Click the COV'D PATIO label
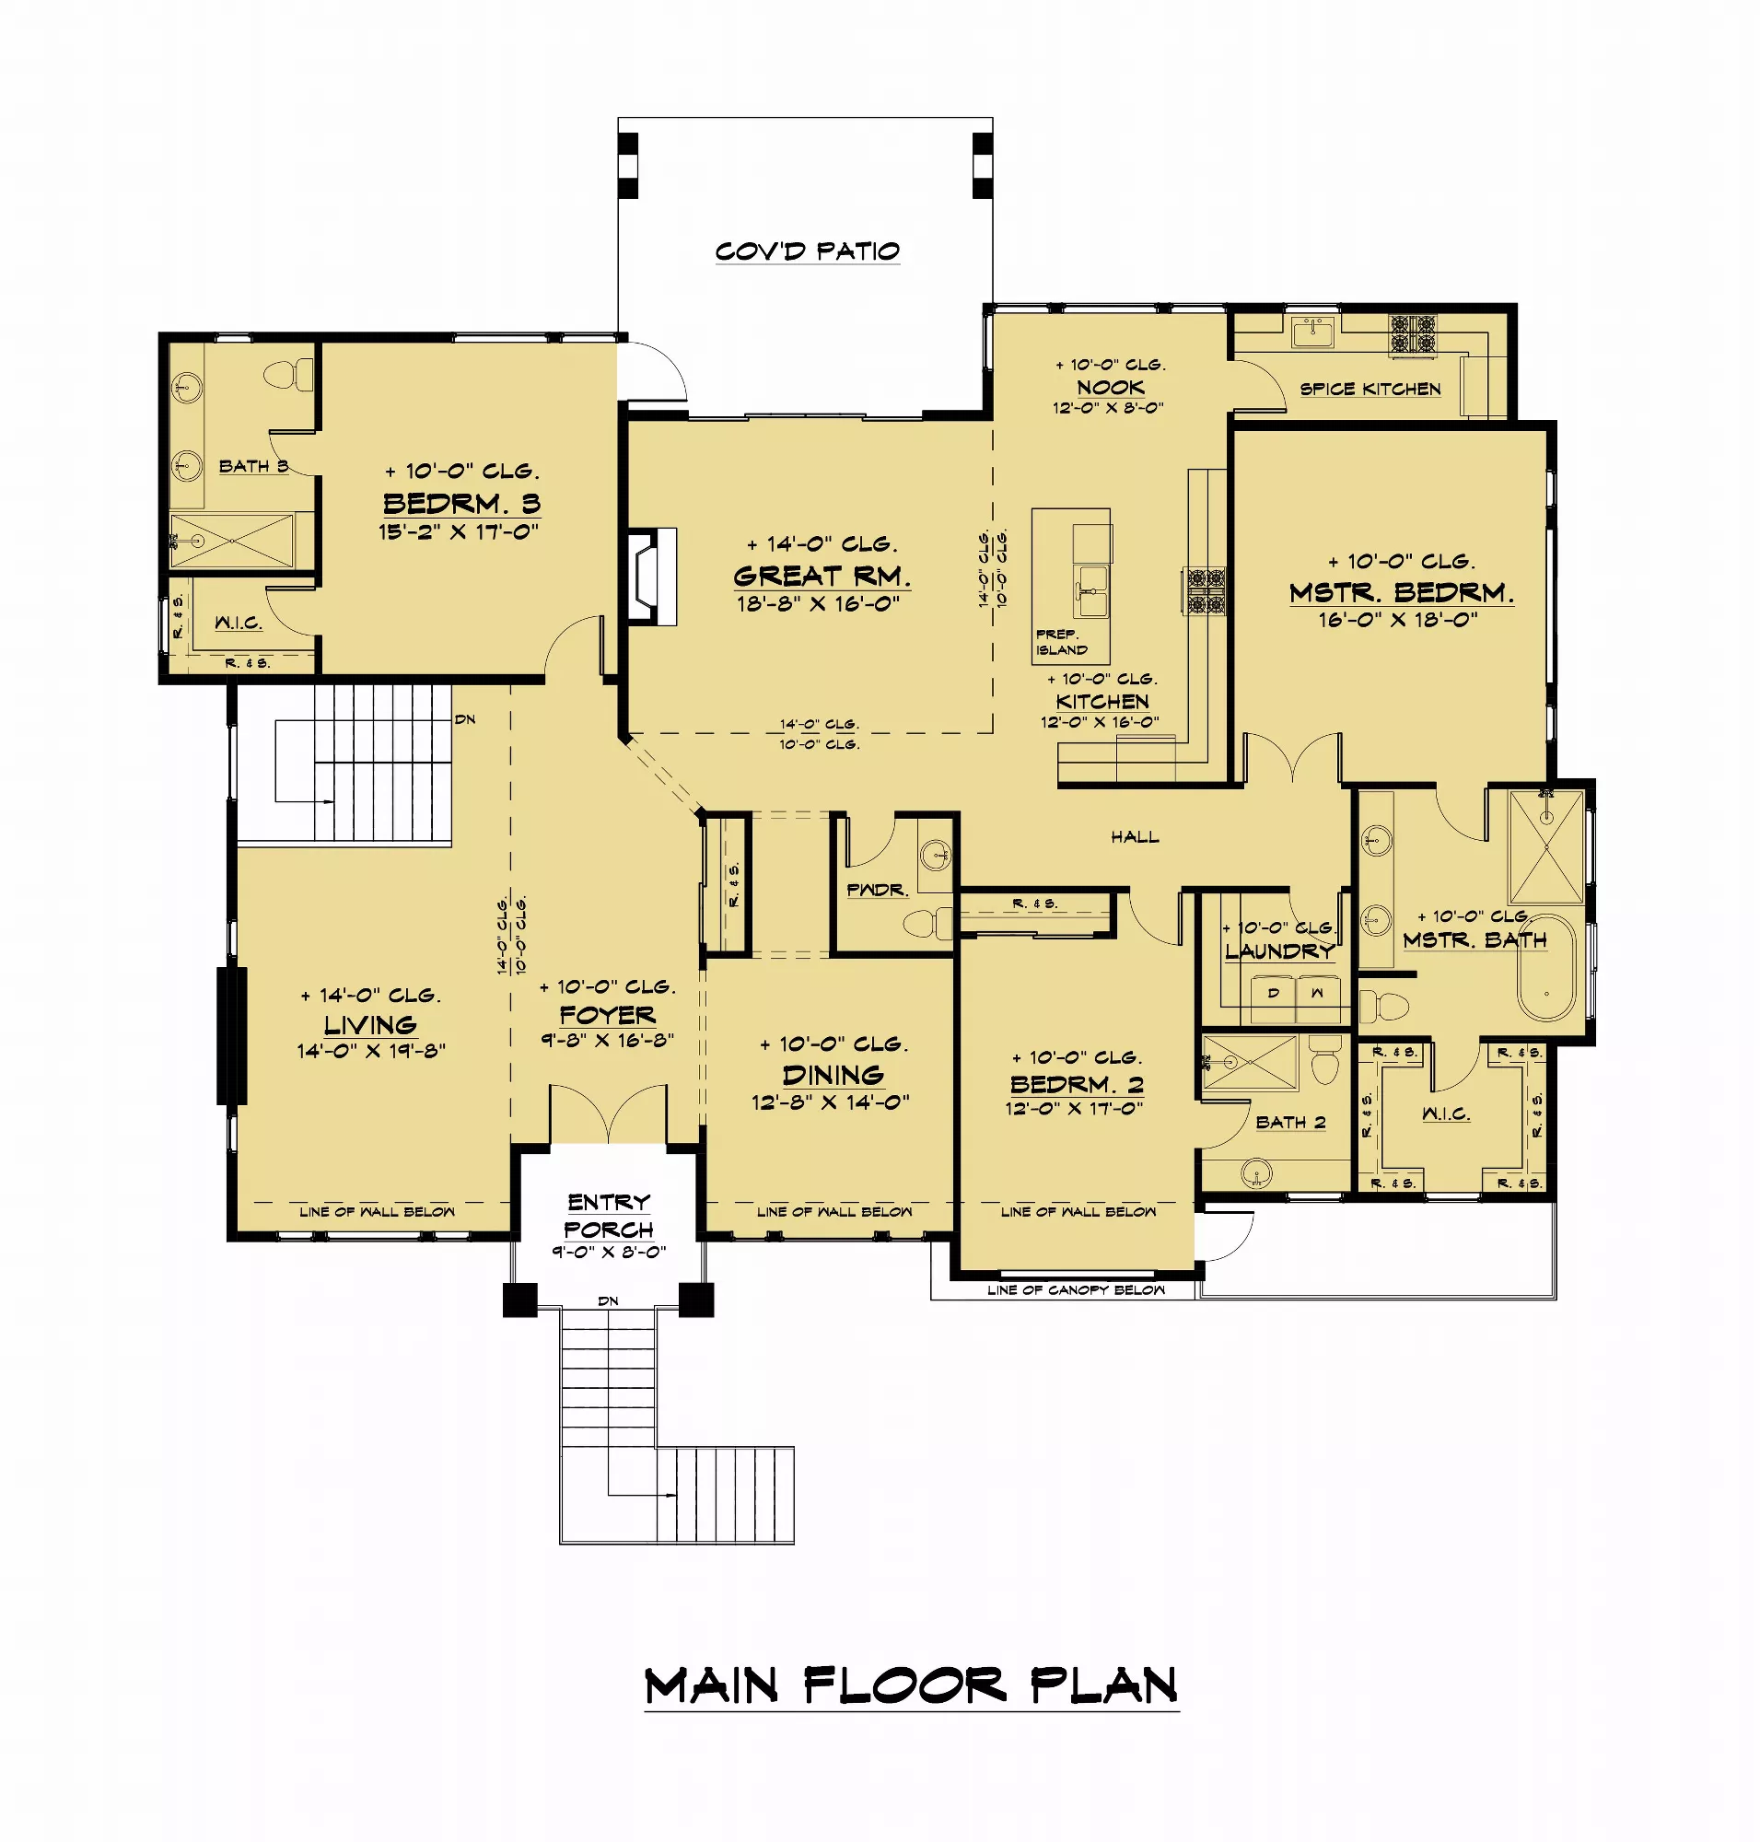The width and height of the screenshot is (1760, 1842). tap(807, 251)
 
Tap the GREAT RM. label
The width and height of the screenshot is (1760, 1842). tap(822, 576)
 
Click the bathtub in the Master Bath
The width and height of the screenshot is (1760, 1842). tap(1547, 967)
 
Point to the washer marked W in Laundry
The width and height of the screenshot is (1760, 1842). tap(1318, 998)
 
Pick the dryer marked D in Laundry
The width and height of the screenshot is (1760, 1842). tap(1273, 998)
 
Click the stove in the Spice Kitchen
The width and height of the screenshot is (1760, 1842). tap(1413, 335)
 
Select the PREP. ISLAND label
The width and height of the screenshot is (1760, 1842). tap(1062, 642)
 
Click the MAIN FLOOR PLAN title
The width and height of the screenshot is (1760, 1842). tap(911, 1686)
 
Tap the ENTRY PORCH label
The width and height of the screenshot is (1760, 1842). tap(609, 1215)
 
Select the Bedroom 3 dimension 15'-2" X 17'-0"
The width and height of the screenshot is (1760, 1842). tap(459, 531)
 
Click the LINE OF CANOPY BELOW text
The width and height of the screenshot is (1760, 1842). tap(1076, 1290)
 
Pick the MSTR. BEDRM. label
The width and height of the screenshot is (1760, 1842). tap(1402, 592)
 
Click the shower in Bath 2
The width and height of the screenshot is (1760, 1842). tap(1250, 1063)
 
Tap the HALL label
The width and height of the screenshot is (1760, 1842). tap(1136, 836)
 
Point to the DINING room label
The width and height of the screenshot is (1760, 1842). tap(833, 1075)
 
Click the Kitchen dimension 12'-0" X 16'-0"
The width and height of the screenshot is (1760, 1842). tap(1100, 721)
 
